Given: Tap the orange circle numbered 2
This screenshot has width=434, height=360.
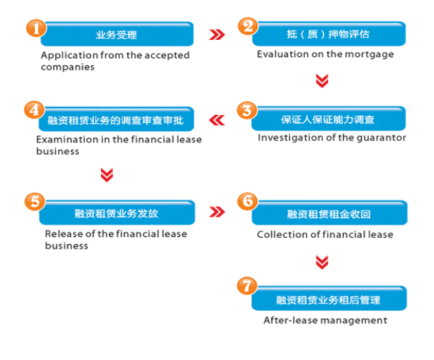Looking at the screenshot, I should tap(248, 26).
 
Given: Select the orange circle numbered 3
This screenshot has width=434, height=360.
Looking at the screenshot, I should tap(248, 110).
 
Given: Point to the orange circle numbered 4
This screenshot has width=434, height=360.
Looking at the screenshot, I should tap(34, 110).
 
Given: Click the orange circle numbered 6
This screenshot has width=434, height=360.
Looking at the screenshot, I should tap(248, 201).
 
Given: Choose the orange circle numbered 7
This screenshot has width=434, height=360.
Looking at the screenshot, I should tap(248, 286).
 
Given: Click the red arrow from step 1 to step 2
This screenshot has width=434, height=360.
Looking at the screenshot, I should tap(216, 34).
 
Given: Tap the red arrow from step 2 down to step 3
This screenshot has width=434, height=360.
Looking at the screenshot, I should tap(323, 81).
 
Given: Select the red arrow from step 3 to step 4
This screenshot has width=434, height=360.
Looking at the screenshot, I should tap(217, 120).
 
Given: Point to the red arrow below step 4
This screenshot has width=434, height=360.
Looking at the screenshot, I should tap(106, 174).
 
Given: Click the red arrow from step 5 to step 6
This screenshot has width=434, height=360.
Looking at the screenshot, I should tap(216, 212).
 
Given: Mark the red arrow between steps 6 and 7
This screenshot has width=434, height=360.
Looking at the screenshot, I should tap(323, 261).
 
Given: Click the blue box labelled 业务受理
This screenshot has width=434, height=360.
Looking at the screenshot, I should tap(117, 34).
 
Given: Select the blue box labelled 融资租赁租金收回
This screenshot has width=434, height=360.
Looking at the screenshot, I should tap(329, 213).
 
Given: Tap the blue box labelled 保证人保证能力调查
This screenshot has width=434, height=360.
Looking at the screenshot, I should tap(328, 120).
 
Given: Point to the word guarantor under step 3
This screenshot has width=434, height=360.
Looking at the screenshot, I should tap(381, 137).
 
